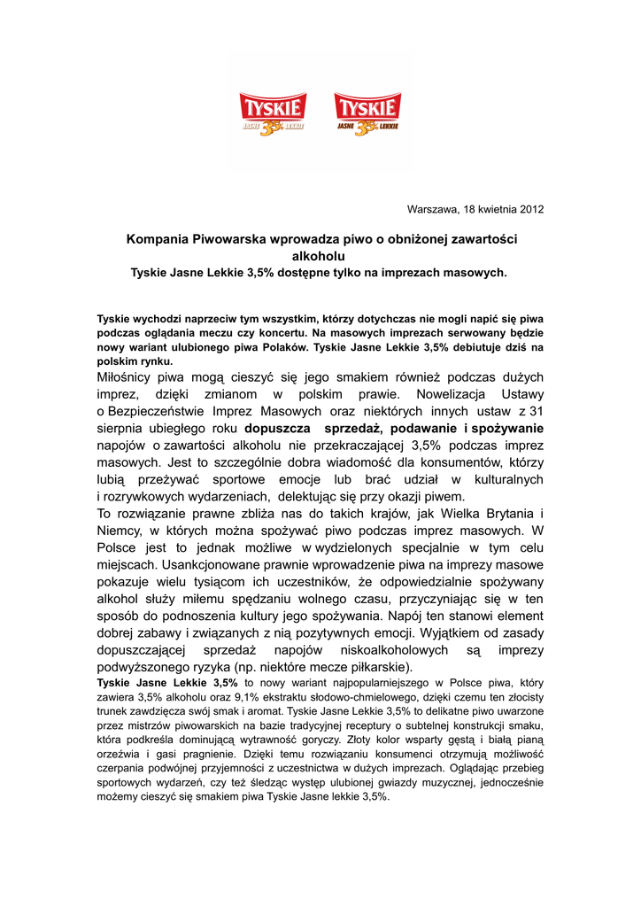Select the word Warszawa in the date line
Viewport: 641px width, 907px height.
pyautogui.click(x=433, y=210)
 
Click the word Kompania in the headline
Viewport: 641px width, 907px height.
pyautogui.click(x=158, y=239)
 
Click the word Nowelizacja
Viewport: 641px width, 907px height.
pyautogui.click(x=444, y=394)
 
